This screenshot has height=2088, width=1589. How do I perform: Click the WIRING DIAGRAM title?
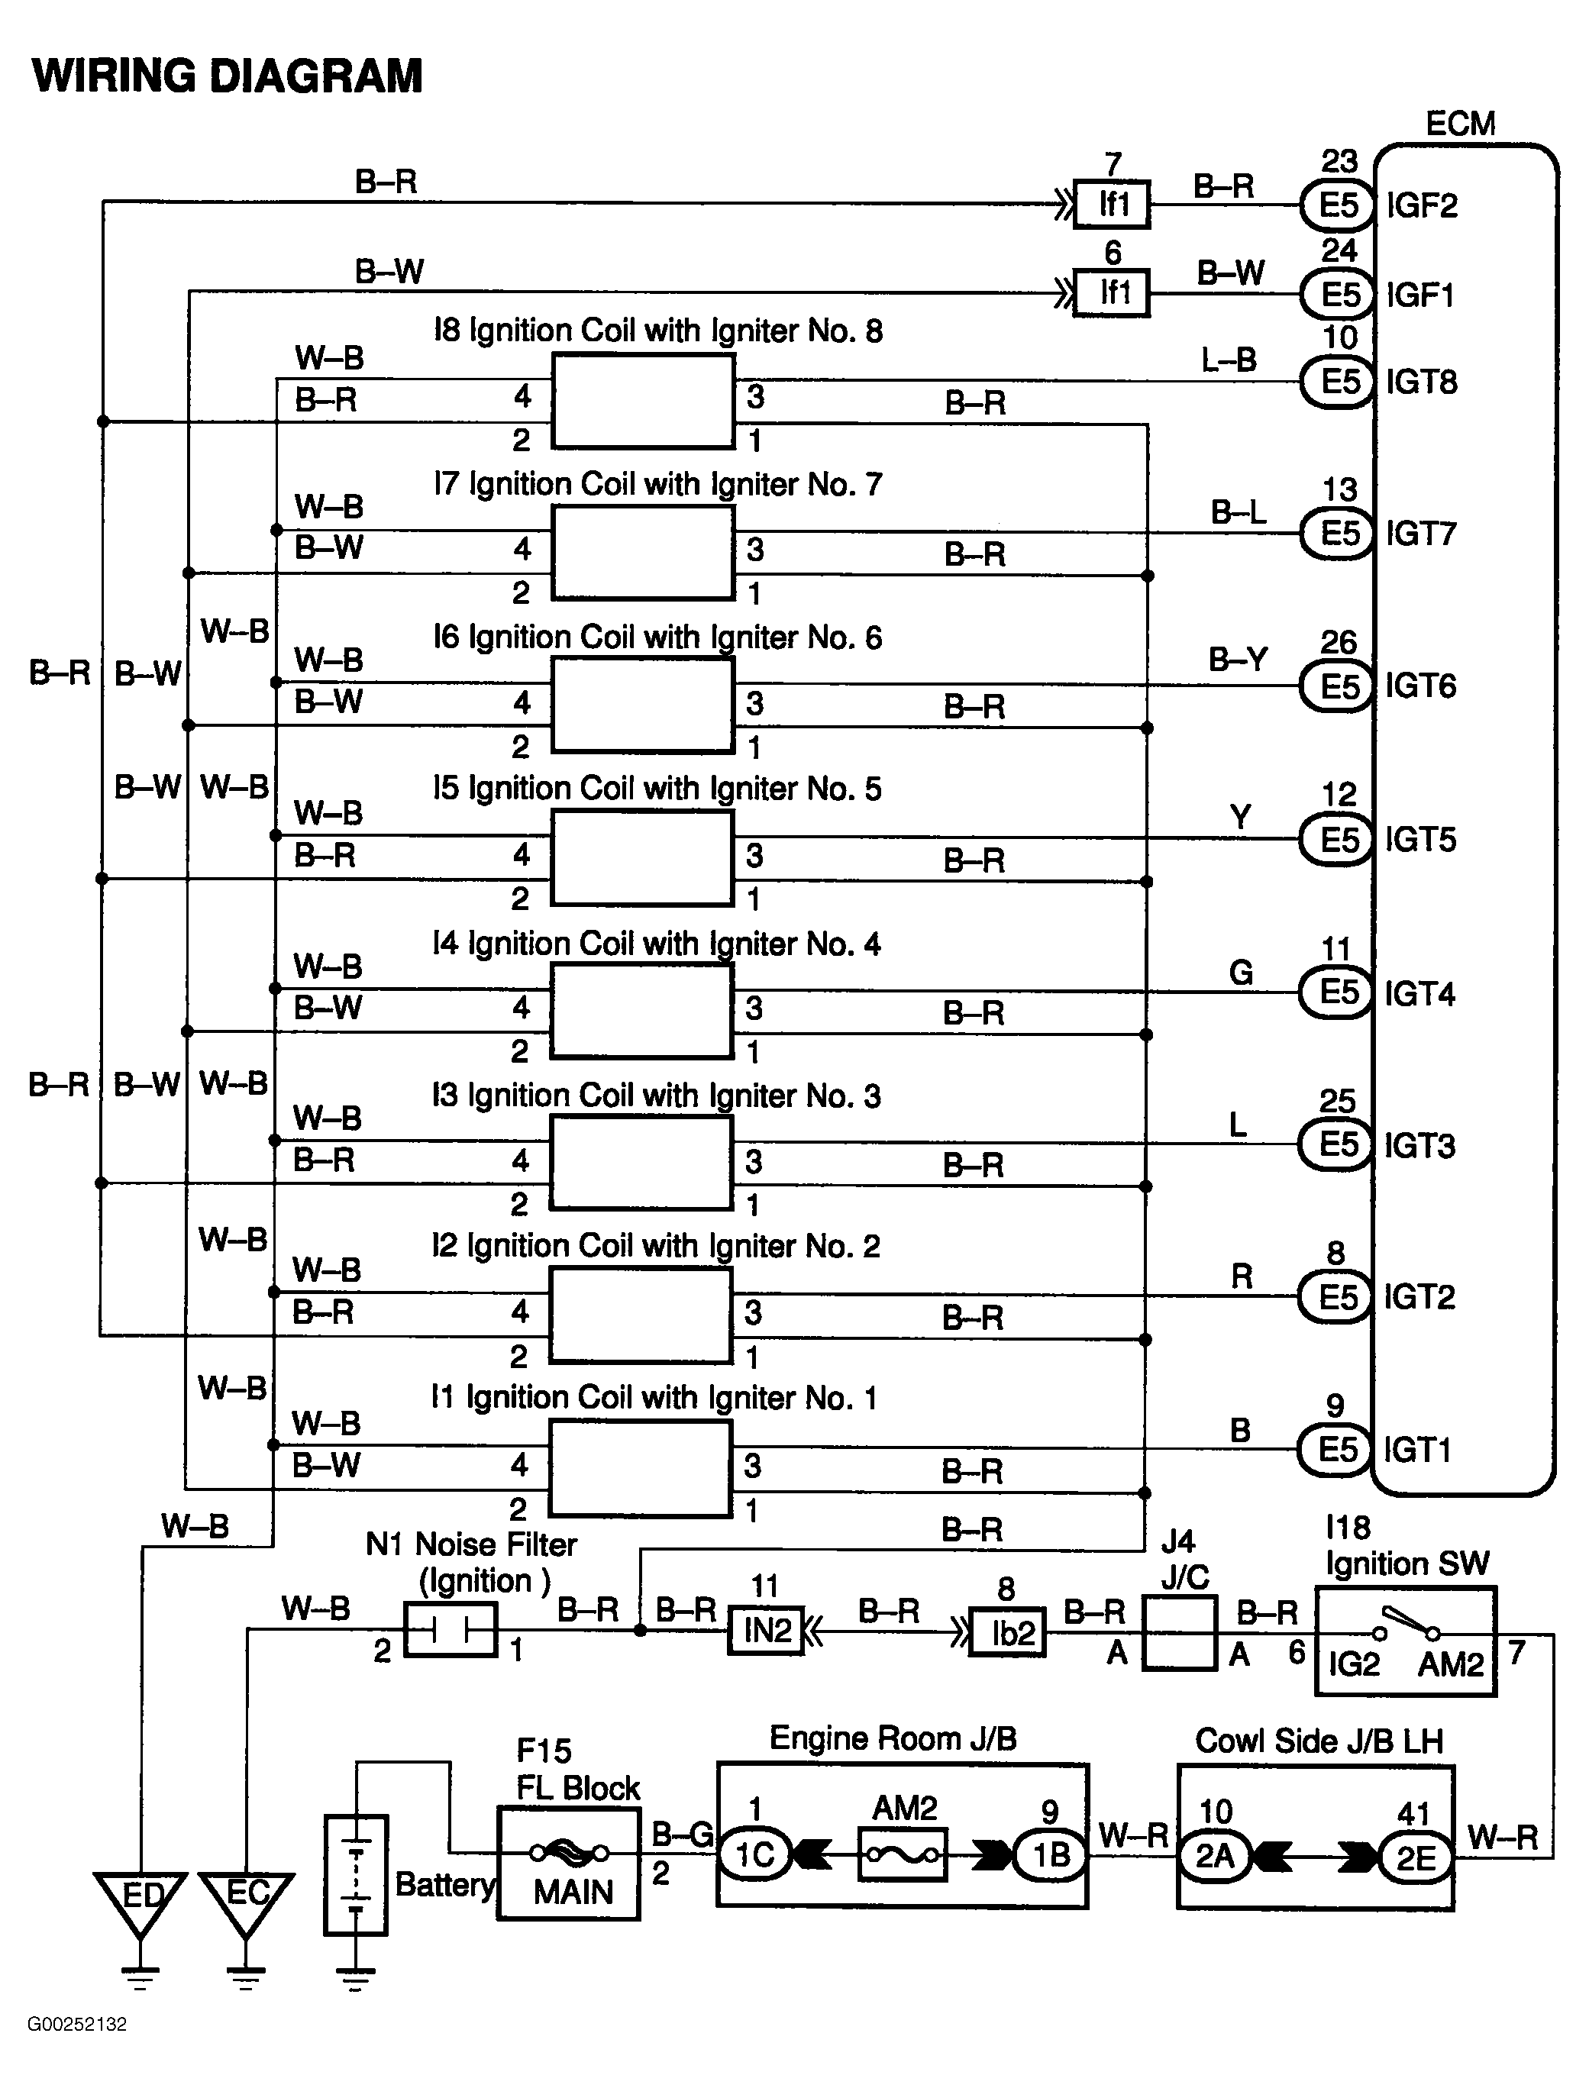(x=227, y=76)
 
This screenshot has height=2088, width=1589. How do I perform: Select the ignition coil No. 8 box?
(x=643, y=401)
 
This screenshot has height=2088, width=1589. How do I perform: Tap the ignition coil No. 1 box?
(x=641, y=1467)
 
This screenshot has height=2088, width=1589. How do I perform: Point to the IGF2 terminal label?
(x=1422, y=205)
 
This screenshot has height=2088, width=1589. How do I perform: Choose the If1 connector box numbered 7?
(x=1113, y=205)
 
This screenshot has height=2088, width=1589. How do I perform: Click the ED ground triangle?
(x=140, y=1902)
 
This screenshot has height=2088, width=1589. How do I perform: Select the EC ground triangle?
(x=246, y=1902)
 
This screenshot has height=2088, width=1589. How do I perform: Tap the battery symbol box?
(x=356, y=1874)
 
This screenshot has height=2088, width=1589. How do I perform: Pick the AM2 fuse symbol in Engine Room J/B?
(x=903, y=1854)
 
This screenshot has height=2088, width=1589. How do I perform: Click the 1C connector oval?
(x=754, y=1854)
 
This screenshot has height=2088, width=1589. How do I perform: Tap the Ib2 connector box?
(x=1008, y=1631)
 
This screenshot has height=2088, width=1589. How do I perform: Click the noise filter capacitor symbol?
(x=451, y=1628)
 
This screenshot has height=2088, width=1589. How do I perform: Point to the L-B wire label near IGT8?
(x=1229, y=360)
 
